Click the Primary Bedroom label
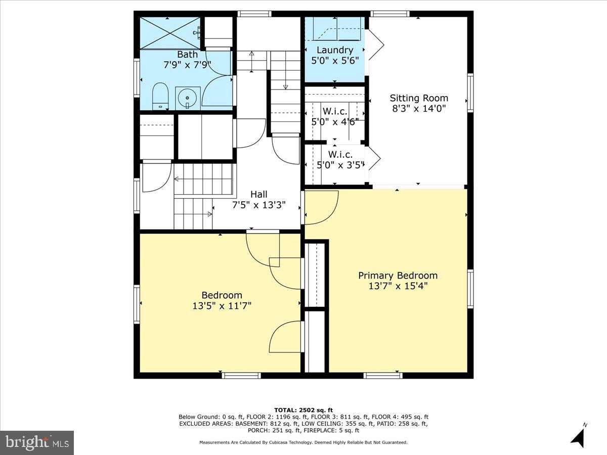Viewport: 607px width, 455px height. (x=398, y=276)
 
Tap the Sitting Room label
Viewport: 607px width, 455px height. (x=418, y=98)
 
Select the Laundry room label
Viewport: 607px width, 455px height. (x=334, y=50)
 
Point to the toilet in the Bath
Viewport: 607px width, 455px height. (x=160, y=96)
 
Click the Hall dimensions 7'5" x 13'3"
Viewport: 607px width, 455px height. (x=258, y=205)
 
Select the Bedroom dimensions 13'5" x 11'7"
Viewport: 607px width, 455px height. (x=222, y=306)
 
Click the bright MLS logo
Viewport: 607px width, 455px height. (x=37, y=442)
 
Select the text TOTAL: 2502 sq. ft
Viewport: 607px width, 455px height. (x=303, y=410)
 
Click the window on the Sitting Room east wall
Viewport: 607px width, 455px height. (x=470, y=93)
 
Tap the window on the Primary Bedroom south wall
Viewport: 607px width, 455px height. (x=383, y=375)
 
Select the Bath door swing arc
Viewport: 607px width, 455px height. (x=218, y=91)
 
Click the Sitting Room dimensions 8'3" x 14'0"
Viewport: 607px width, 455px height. (x=418, y=108)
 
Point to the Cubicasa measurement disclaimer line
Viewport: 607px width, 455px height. (x=303, y=442)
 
